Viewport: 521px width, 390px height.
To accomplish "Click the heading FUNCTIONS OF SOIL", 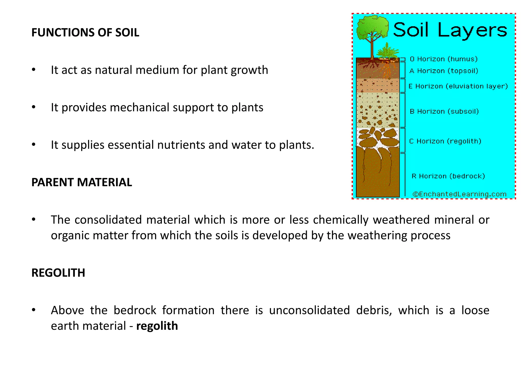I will coord(85,32).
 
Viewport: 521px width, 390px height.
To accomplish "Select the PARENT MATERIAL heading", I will coord(82,182).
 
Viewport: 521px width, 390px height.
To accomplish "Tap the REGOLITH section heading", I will coord(58,273).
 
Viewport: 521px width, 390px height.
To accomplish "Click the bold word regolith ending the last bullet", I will coord(157,326).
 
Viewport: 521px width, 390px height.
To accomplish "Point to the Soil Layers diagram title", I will coord(450,30).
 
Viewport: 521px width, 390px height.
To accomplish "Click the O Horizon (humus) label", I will coord(444,59).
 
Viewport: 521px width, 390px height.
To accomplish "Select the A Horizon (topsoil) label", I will coord(444,71).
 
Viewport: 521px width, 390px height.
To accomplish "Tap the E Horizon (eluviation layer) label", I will coord(458,86).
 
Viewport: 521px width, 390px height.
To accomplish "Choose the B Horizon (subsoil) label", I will coord(444,111).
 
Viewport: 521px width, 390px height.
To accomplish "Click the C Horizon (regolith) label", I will coord(445,141).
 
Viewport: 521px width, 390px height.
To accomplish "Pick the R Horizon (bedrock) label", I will coord(448,176).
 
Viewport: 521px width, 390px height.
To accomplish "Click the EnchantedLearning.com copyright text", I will coord(459,194).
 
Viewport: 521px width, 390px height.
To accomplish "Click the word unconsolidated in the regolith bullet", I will coord(309,310).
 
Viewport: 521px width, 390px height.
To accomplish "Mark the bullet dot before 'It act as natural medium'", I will coord(34,70).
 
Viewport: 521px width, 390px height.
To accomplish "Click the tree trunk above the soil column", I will coord(372,50).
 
